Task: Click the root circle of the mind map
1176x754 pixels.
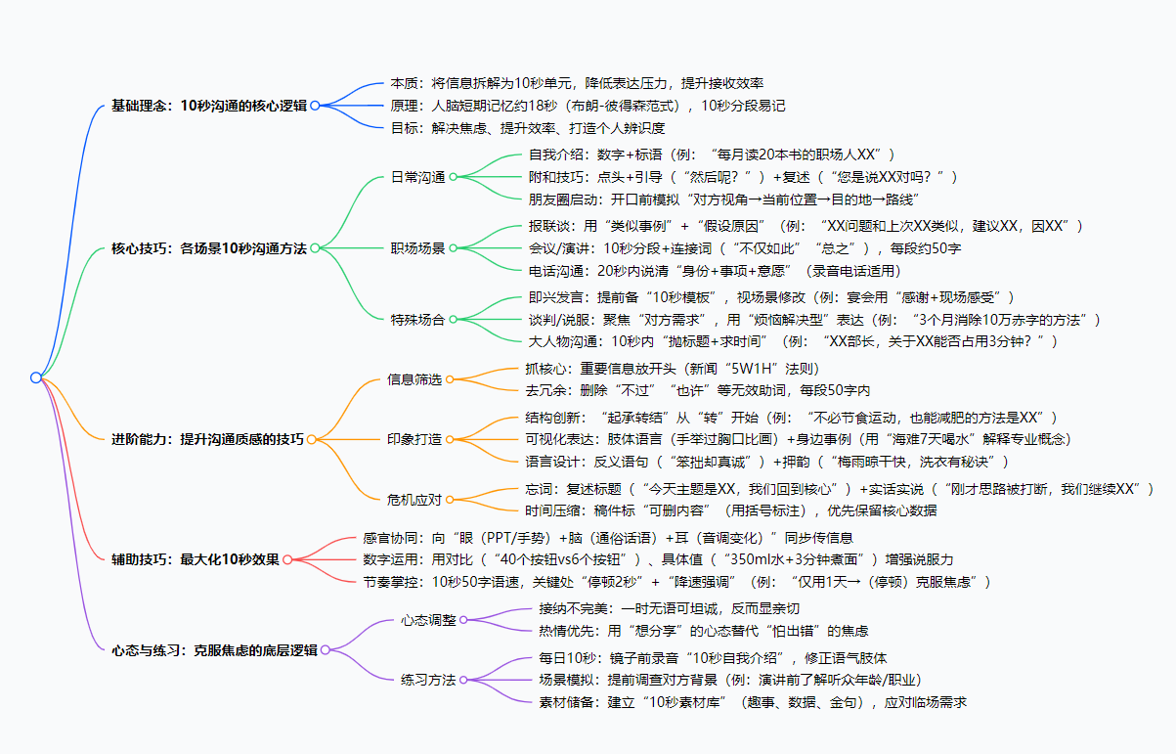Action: click(x=36, y=377)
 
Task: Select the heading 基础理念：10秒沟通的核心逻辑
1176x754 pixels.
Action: click(x=208, y=106)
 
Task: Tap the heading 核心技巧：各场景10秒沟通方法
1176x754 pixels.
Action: click(x=209, y=248)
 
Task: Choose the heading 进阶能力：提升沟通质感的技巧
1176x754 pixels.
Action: click(x=207, y=439)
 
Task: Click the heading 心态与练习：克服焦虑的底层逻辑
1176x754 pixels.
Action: click(x=214, y=649)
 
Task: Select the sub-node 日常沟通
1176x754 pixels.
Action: click(x=417, y=177)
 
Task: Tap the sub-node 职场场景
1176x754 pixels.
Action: click(x=417, y=248)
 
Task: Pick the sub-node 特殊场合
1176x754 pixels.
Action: click(x=417, y=319)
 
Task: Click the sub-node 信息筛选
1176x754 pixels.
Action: click(x=414, y=379)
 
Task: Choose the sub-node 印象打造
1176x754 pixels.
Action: click(x=414, y=439)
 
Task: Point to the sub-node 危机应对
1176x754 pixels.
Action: click(x=414, y=499)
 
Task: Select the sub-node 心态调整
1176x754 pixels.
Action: click(x=428, y=619)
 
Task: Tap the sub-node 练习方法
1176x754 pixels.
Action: click(x=428, y=680)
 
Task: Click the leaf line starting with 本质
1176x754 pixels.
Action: click(x=576, y=83)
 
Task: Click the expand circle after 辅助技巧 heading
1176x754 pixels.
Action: click(x=287, y=559)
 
